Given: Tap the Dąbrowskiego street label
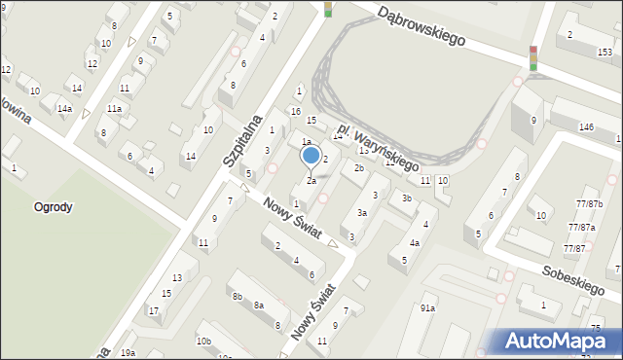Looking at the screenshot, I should pyautogui.click(x=421, y=27).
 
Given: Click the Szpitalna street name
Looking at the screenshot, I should pyautogui.click(x=243, y=137).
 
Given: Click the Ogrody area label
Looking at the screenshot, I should pyautogui.click(x=53, y=207).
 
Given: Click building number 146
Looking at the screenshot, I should pyautogui.click(x=586, y=127).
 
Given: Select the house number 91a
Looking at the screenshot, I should pyautogui.click(x=427, y=308).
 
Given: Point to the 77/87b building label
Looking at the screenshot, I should pyautogui.click(x=589, y=203).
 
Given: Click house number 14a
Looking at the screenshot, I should pyautogui.click(x=64, y=108).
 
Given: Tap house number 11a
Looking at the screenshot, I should pyautogui.click(x=114, y=108).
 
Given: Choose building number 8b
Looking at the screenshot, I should pyautogui.click(x=237, y=296).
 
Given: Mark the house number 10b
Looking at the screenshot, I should pyautogui.click(x=202, y=341).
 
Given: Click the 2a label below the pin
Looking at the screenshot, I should pyautogui.click(x=311, y=180).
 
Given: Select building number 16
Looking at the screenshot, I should pyautogui.click(x=295, y=111).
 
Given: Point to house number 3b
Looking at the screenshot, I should pyautogui.click(x=407, y=198).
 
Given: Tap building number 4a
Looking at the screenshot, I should pyautogui.click(x=414, y=242).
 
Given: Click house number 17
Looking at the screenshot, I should pyautogui.click(x=154, y=310).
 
